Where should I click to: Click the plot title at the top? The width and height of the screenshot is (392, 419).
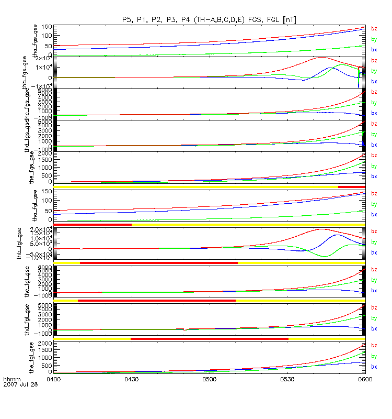(x=209, y=19)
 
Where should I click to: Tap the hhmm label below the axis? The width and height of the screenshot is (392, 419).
(x=11, y=378)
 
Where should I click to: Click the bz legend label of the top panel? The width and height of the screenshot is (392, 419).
(x=374, y=29)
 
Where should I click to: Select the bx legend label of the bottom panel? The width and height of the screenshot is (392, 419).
(x=374, y=367)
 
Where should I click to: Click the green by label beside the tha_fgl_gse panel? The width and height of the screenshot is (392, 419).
(x=374, y=204)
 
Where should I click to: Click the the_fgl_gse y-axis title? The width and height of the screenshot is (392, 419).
(x=36, y=356)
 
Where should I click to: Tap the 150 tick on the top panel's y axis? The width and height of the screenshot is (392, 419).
(x=46, y=27)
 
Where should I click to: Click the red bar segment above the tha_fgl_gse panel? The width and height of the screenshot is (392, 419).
(x=352, y=186)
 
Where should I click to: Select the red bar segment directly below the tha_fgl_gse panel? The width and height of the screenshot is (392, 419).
(x=93, y=225)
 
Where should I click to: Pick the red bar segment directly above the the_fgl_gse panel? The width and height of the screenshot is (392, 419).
(x=209, y=339)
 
